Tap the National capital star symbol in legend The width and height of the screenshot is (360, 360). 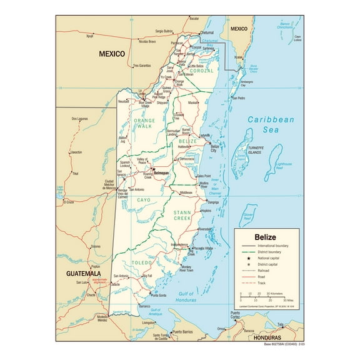pyautogui.click(x=244, y=257)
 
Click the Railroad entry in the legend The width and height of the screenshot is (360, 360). pyautogui.click(x=262, y=270)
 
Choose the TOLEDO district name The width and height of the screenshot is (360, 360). pyautogui.click(x=142, y=264)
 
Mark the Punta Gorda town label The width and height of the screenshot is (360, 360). pyautogui.click(x=157, y=295)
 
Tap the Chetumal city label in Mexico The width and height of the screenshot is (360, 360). pyautogui.click(x=207, y=32)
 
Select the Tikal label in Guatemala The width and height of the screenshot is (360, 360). pyautogui.click(x=75, y=173)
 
